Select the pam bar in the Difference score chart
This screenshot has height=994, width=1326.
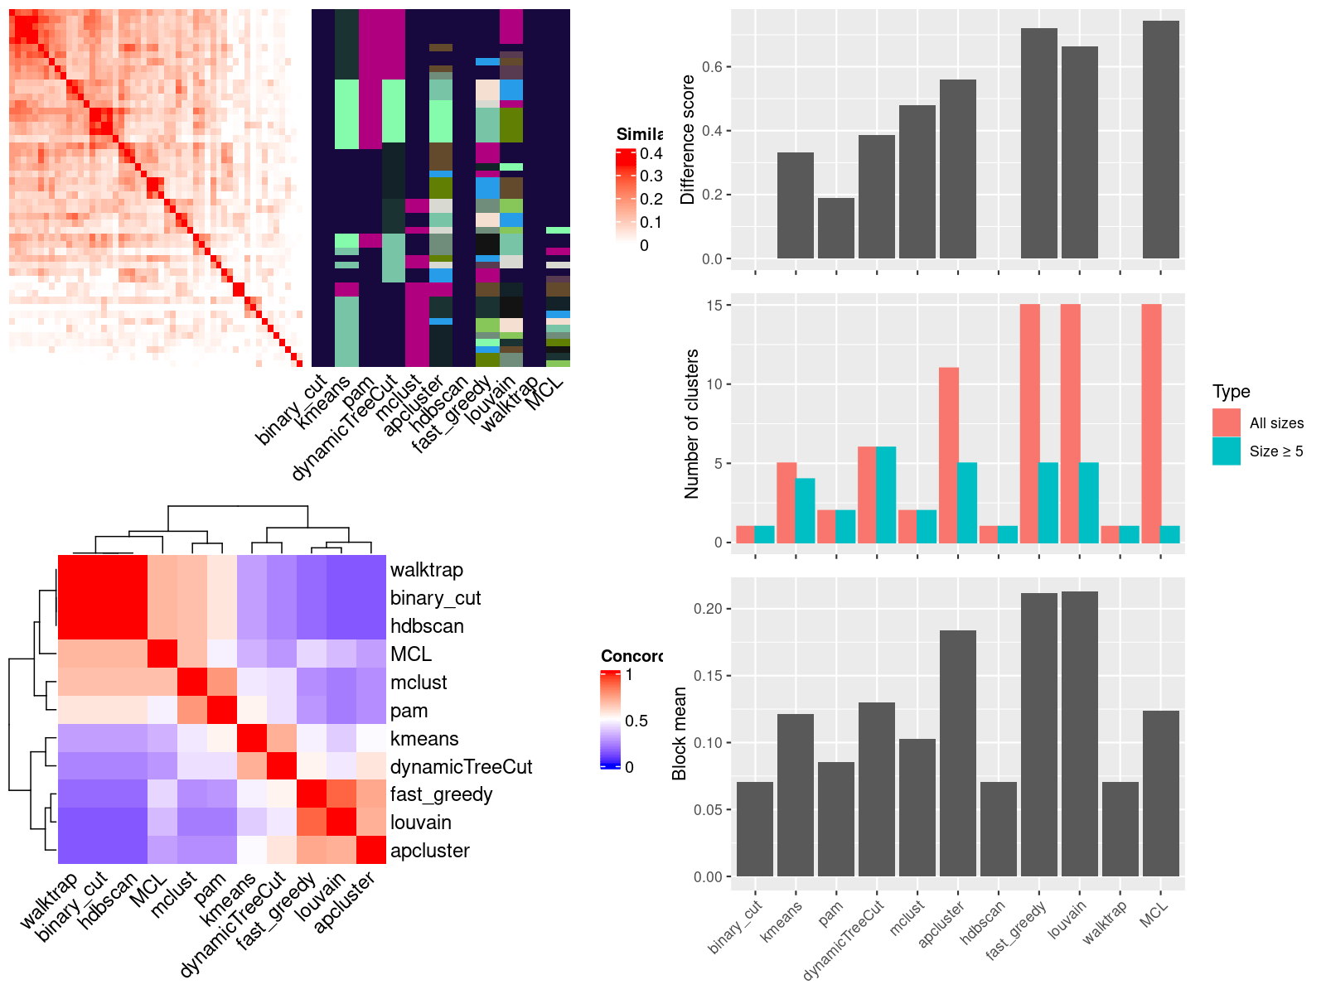[x=836, y=228]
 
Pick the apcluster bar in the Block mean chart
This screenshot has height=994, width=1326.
[x=958, y=753]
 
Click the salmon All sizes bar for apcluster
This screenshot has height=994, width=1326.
[x=949, y=455]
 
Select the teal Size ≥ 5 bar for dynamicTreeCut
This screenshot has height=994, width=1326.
[x=886, y=495]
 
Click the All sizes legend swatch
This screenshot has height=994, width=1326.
[x=1227, y=422]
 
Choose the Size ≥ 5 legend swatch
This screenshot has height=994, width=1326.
[x=1227, y=451]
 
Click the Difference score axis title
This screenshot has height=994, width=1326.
[x=687, y=139]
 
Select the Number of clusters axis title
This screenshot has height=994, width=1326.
[x=691, y=423]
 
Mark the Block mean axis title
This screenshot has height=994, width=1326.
[x=680, y=733]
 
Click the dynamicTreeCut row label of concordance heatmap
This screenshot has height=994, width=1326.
[x=461, y=767]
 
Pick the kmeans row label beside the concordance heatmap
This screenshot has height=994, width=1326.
[x=424, y=739]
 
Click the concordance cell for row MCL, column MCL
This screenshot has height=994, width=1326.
[x=162, y=654]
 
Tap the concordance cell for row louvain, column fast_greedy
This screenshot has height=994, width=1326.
[x=312, y=823]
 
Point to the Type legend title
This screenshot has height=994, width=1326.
[x=1232, y=392]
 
